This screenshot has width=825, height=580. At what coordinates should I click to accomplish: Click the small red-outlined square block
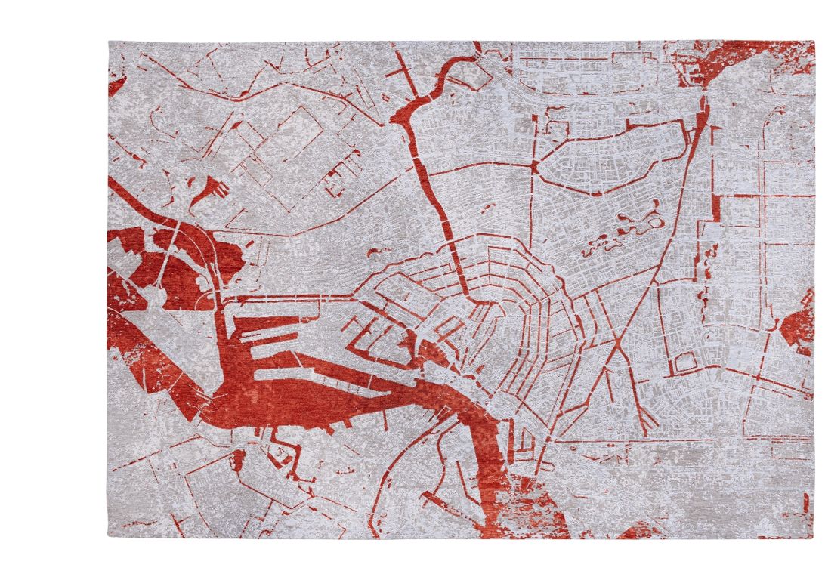(684, 363)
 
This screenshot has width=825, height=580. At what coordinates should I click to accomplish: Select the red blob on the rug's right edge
(799, 322)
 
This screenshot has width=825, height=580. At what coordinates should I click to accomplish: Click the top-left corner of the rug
(109, 42)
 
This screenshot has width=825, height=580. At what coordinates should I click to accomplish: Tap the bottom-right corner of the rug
(814, 538)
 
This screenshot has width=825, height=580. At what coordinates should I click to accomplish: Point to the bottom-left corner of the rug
(109, 537)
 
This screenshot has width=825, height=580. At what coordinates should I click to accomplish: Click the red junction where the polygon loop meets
(534, 167)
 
